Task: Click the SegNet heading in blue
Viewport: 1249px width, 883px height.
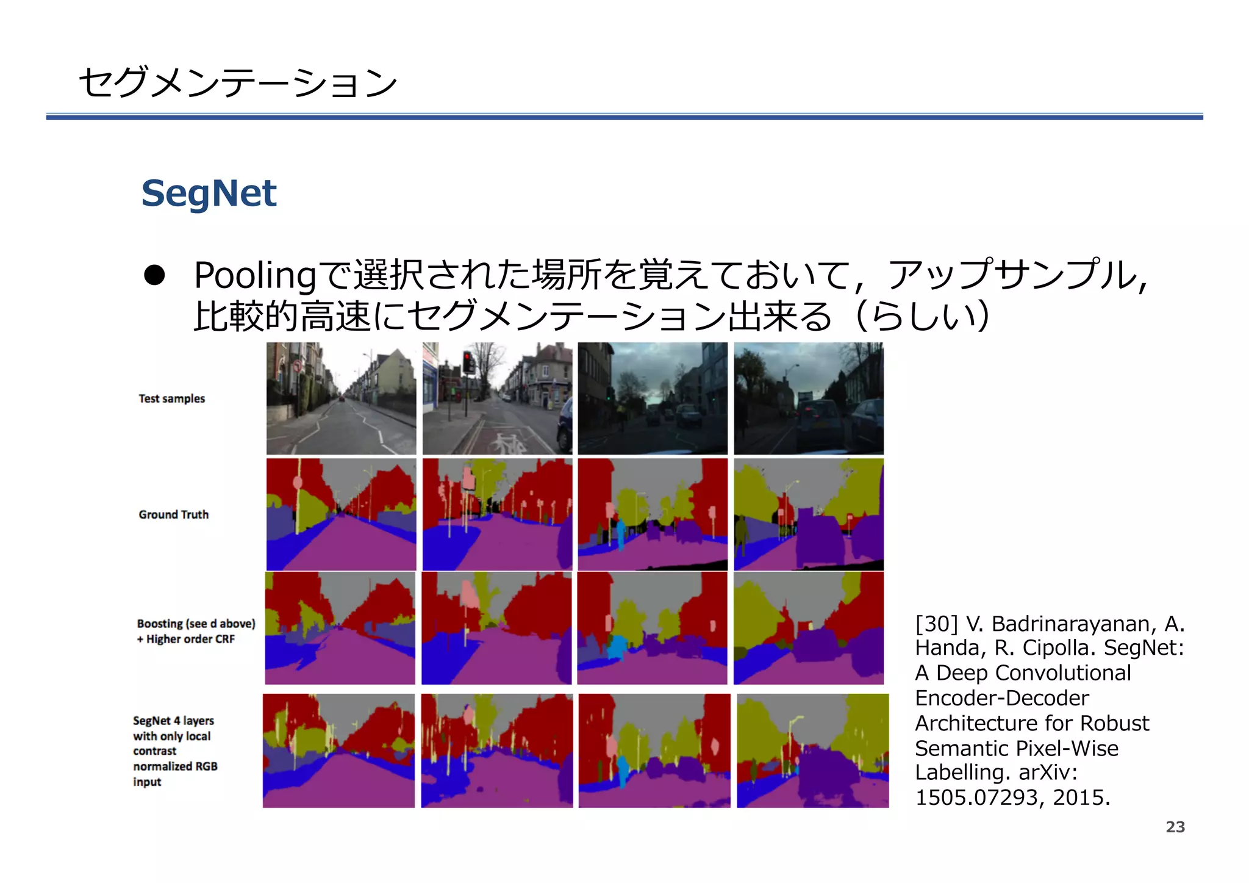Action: click(x=209, y=193)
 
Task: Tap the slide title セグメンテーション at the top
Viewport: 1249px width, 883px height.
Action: click(x=238, y=82)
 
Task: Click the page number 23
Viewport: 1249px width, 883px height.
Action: click(x=1175, y=827)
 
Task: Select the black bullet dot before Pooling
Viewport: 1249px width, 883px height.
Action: click(x=154, y=275)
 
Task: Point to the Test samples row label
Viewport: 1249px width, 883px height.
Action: click(x=171, y=398)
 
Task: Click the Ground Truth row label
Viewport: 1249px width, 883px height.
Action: click(x=173, y=514)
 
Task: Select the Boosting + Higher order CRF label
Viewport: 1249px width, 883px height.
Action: click(x=196, y=631)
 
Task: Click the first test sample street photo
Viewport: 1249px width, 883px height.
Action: click(x=341, y=398)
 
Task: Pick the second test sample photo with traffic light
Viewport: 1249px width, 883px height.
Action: click(x=497, y=398)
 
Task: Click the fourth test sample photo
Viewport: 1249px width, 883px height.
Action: click(x=808, y=398)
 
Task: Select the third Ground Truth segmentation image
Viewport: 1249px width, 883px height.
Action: click(x=653, y=514)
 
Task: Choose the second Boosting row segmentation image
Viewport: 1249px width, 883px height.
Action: click(x=496, y=628)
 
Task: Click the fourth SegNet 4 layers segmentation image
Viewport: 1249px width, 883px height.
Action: click(x=812, y=751)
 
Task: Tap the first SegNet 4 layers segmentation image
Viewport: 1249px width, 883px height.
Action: click(x=338, y=751)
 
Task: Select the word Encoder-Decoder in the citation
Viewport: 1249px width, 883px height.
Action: click(x=1001, y=698)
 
